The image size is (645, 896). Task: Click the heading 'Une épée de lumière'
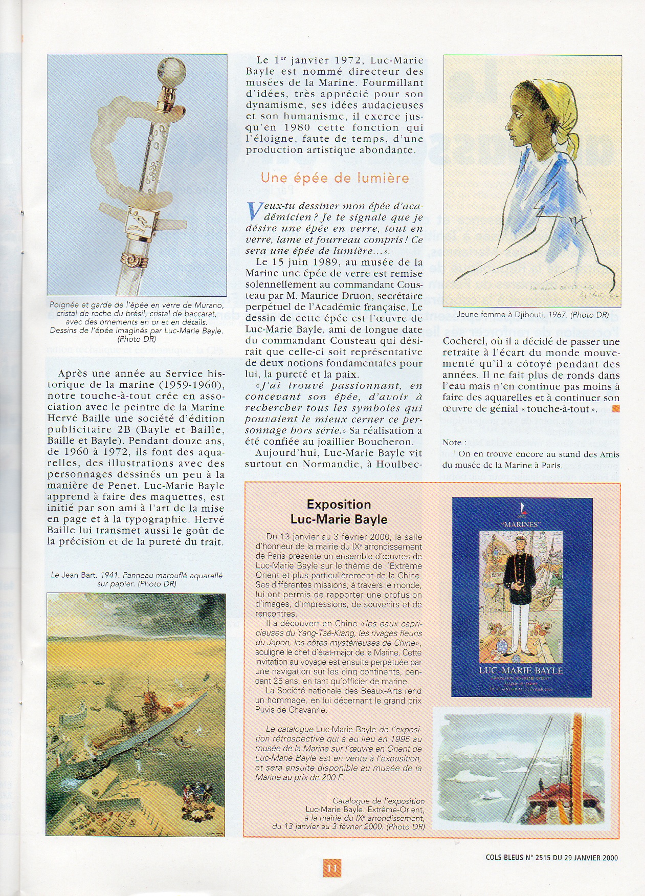point(335,178)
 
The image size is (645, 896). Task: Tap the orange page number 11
point(331,868)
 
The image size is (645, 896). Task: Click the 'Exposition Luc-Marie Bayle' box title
point(339,512)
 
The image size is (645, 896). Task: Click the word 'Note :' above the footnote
point(454,442)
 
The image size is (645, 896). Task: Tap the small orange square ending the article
point(616,408)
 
